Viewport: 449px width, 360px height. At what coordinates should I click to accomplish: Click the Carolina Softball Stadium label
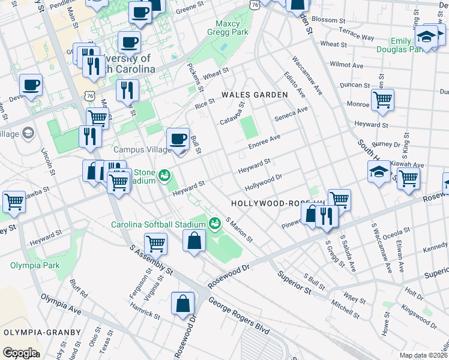click(x=158, y=225)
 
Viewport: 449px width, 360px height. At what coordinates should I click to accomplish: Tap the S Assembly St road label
click(x=152, y=259)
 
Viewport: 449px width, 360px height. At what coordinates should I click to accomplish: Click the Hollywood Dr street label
click(x=263, y=180)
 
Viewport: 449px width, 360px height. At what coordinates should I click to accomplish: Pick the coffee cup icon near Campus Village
click(x=178, y=140)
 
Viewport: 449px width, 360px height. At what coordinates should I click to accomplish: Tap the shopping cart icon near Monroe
click(x=382, y=100)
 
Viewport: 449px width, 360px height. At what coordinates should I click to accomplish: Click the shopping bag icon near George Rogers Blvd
click(x=182, y=304)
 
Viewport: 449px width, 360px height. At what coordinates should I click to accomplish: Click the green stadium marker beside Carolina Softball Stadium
click(x=215, y=224)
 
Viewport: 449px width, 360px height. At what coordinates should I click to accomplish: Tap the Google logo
click(x=19, y=353)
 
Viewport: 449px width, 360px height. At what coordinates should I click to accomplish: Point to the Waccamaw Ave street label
click(x=307, y=77)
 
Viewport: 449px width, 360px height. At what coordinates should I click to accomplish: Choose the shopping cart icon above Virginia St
click(x=155, y=244)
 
